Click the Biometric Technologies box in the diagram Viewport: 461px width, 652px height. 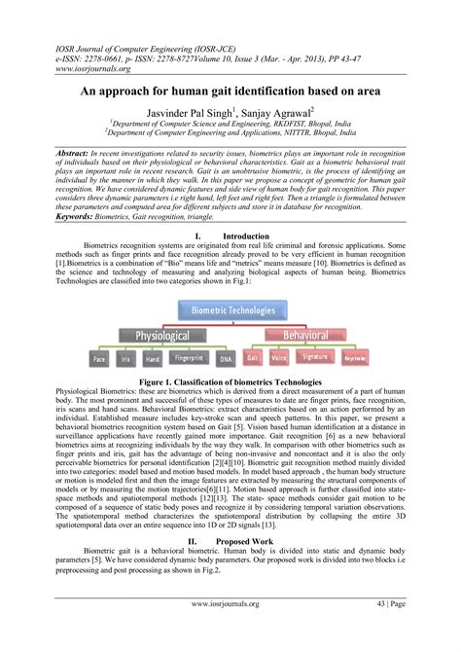(230, 284)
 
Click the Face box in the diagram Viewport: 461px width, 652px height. (99, 359)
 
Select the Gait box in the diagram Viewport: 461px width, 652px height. (253, 358)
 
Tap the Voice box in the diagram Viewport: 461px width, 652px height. (280, 358)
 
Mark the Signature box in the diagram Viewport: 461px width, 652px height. (315, 358)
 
